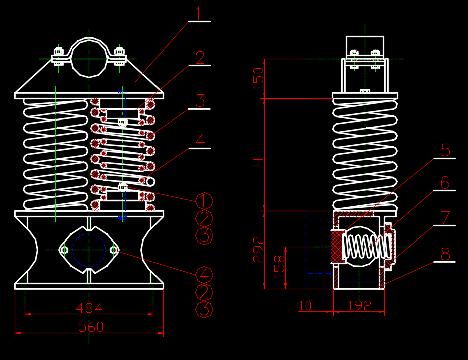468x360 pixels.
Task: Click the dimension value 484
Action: [x=89, y=307]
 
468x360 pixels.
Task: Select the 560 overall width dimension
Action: [x=91, y=327]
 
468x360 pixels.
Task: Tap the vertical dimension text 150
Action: [x=258, y=78]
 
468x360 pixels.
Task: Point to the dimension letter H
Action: [x=258, y=162]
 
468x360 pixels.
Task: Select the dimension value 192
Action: [x=359, y=305]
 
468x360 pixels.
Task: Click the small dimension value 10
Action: [x=305, y=305]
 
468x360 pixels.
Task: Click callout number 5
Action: [x=445, y=150]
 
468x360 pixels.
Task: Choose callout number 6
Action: [x=445, y=183]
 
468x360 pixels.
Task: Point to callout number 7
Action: [x=445, y=218]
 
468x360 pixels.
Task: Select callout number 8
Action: [x=445, y=254]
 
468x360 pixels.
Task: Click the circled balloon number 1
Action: [x=204, y=201]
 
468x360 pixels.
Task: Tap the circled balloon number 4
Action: [x=204, y=275]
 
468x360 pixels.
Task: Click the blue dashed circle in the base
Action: [x=89, y=249]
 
